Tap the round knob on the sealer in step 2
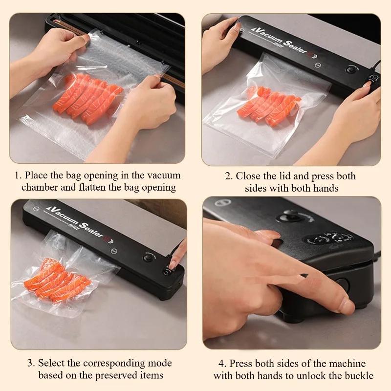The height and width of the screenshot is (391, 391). click(x=350, y=69)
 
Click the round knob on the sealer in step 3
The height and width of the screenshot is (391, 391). click(x=147, y=257)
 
